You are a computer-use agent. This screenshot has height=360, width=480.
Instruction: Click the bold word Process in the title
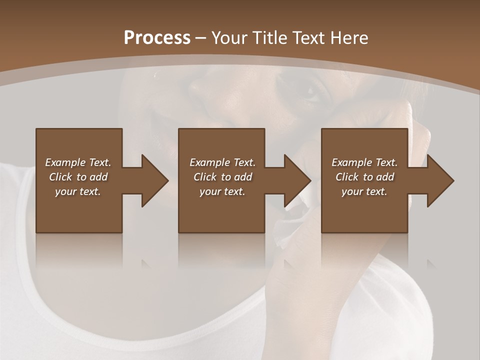click(x=157, y=37)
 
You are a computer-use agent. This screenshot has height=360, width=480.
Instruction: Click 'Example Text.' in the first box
click(x=78, y=162)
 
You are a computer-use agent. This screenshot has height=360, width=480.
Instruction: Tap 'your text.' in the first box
click(x=78, y=191)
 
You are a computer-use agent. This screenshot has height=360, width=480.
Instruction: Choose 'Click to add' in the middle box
click(x=222, y=177)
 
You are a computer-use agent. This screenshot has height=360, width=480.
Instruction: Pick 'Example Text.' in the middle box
click(x=222, y=162)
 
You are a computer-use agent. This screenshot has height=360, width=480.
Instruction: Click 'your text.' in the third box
click(x=364, y=191)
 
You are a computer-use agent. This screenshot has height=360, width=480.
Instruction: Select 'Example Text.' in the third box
click(x=364, y=162)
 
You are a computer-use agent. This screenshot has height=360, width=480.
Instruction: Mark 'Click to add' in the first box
click(x=78, y=177)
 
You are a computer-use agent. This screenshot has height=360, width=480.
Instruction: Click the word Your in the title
click(x=229, y=37)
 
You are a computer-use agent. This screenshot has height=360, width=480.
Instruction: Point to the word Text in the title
click(x=308, y=37)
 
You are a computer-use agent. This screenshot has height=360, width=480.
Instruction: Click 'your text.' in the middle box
click(x=222, y=191)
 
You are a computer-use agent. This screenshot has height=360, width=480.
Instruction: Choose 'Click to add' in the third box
click(x=364, y=177)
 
